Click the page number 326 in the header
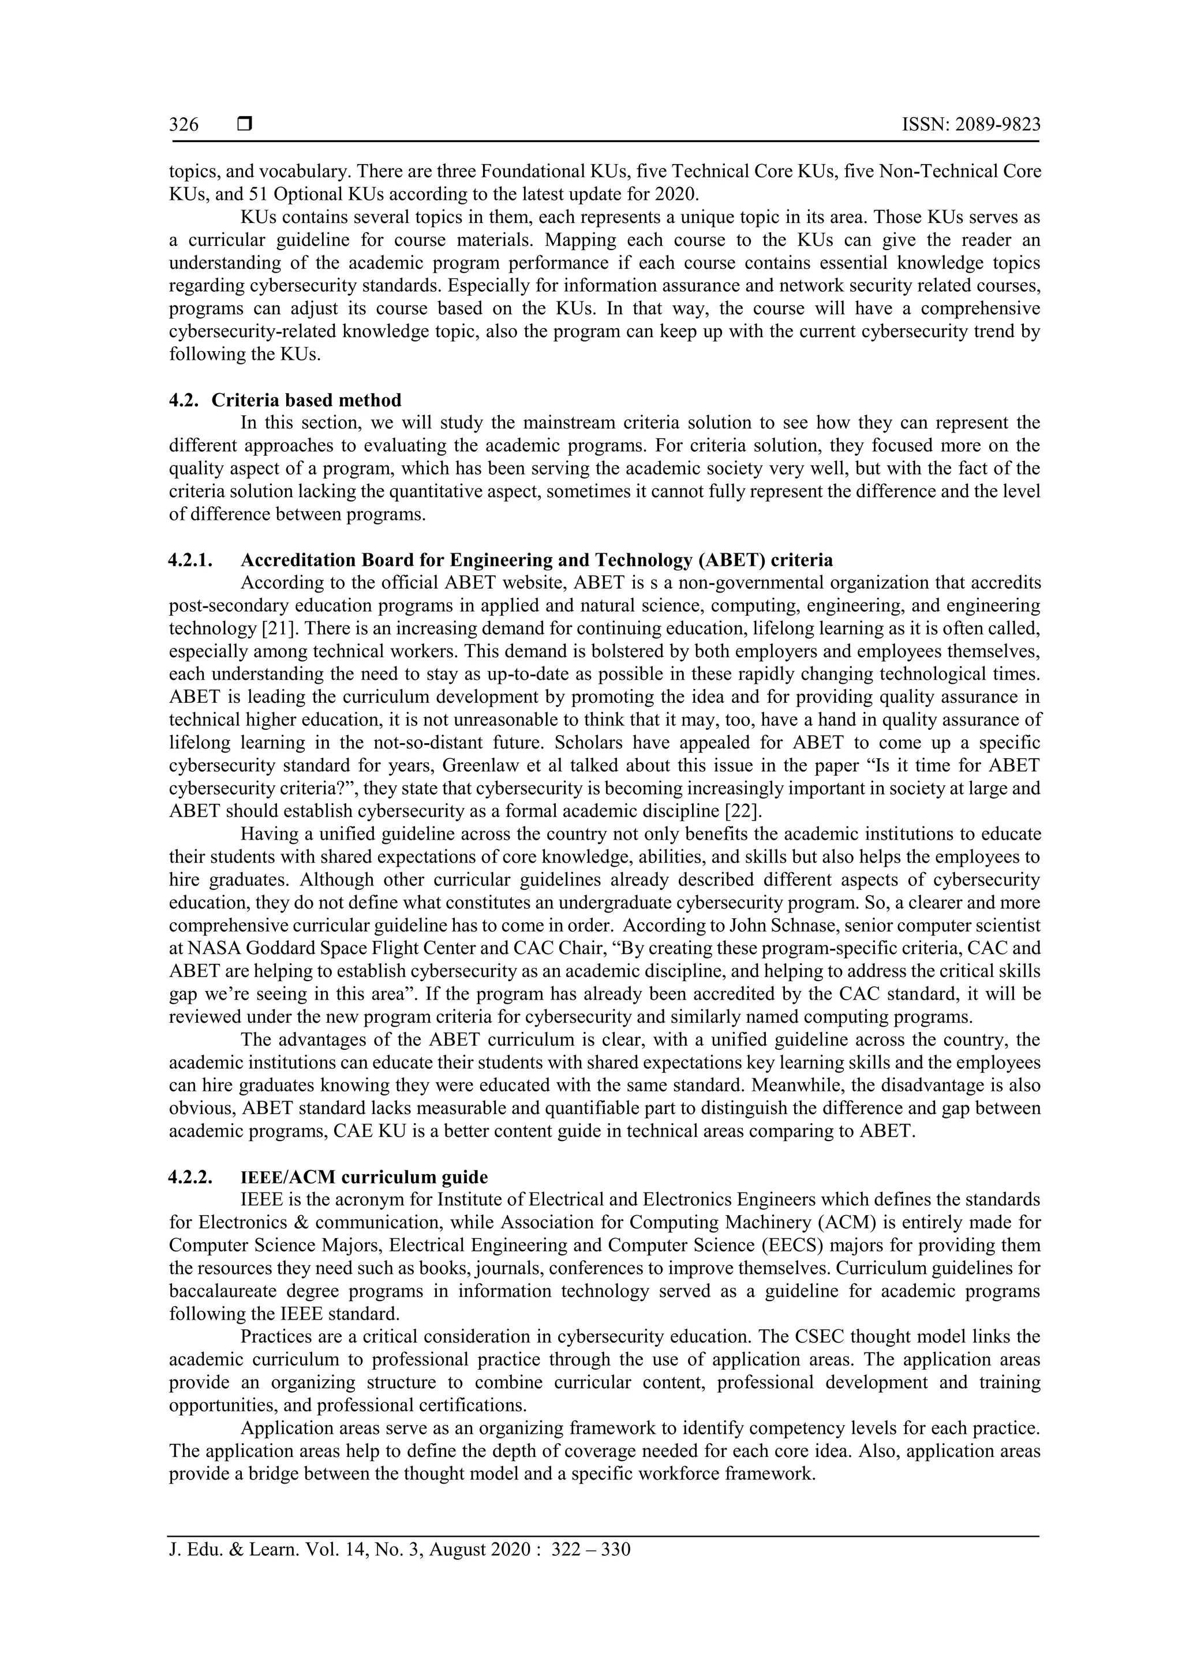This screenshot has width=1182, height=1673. (184, 125)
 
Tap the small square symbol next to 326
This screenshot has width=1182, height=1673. (245, 125)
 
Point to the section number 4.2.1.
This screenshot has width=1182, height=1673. (191, 560)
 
